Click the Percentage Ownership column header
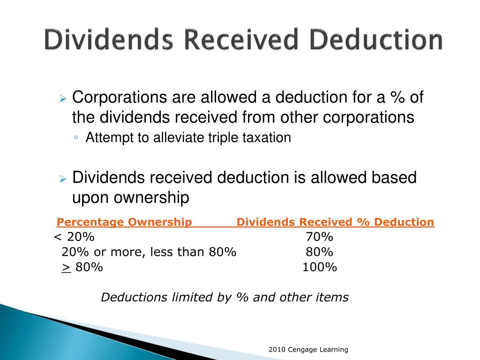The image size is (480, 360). coord(124,222)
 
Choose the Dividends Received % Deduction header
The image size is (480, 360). coord(335,222)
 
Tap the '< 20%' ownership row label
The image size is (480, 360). coord(74,237)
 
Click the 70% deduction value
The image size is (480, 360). coord(319,237)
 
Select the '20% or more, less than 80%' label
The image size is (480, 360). coord(149,252)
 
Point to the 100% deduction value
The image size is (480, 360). coord(319,267)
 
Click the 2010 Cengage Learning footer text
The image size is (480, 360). coord(308,349)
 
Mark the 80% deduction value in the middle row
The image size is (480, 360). coord(319,252)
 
